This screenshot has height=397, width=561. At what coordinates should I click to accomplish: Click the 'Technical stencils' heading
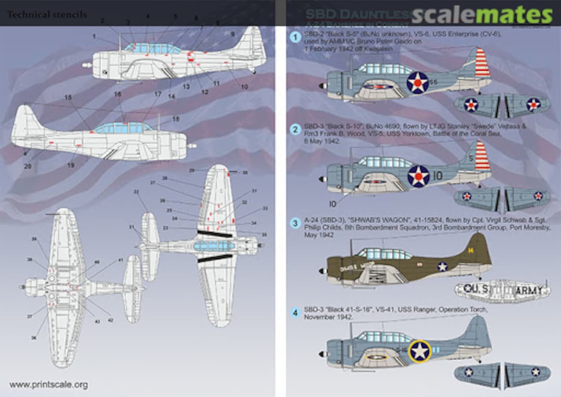pos(47,15)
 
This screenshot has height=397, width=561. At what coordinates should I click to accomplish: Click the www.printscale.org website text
pos(48,385)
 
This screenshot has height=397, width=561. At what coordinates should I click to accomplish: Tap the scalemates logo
pos(482,15)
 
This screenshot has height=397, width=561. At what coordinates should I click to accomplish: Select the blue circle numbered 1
pos(295,37)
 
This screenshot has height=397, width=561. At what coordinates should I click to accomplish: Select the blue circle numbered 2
pos(295,129)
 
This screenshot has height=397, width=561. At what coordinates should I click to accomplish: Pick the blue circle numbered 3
pos(295,223)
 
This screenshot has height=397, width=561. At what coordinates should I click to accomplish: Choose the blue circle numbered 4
pos(295,313)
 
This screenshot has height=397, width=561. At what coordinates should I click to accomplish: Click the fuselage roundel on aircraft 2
pos(418,176)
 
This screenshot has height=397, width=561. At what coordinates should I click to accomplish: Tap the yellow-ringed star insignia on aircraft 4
pos(420,351)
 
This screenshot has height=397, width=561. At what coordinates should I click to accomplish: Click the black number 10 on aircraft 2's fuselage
pos(438,176)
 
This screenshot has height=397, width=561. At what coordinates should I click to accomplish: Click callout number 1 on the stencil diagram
pos(94,36)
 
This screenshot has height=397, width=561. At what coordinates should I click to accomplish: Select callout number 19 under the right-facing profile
pos(71,165)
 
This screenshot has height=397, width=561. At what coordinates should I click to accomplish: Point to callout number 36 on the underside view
pos(34,338)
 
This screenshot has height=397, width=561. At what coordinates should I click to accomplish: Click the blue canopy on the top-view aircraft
pos(214,246)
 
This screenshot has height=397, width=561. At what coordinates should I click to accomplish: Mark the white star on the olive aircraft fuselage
pos(442,267)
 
